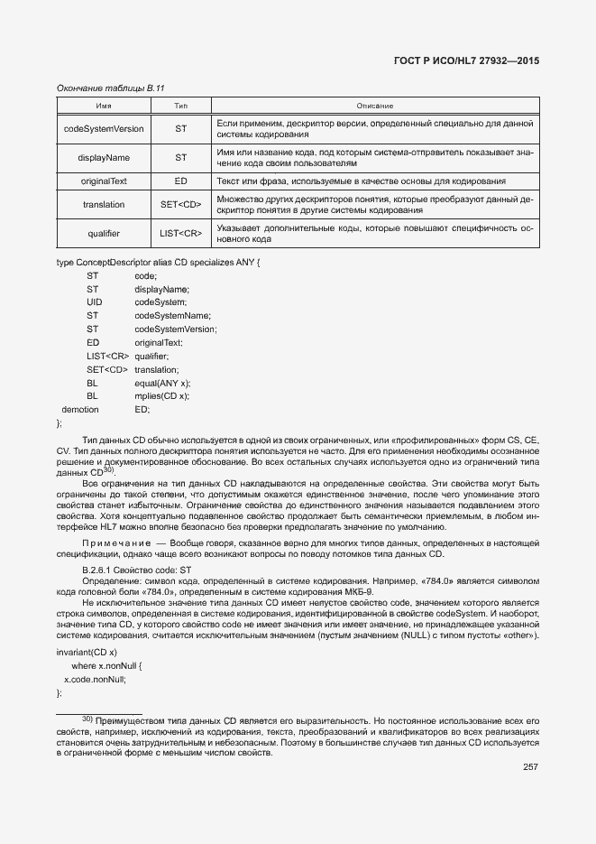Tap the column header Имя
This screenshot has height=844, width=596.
coord(104,107)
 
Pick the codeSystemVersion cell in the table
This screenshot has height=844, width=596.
coord(104,129)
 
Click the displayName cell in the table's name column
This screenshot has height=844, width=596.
coord(104,158)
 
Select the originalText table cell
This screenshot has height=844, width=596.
coord(104,181)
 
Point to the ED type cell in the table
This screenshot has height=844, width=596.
coord(180,181)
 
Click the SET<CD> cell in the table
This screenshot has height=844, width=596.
coord(180,205)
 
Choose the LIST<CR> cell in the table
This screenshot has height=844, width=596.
coord(180,234)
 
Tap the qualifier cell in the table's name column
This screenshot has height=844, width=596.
coord(104,234)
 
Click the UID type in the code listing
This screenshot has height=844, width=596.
coord(95,301)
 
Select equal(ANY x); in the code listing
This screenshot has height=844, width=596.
coord(162,383)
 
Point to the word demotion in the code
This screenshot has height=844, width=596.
coord(80,410)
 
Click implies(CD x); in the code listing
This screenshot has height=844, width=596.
coord(162,396)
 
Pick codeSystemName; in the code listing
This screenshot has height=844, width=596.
coord(173,315)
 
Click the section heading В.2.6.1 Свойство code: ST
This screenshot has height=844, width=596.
coord(136,570)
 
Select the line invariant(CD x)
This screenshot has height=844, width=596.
coord(87,652)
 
